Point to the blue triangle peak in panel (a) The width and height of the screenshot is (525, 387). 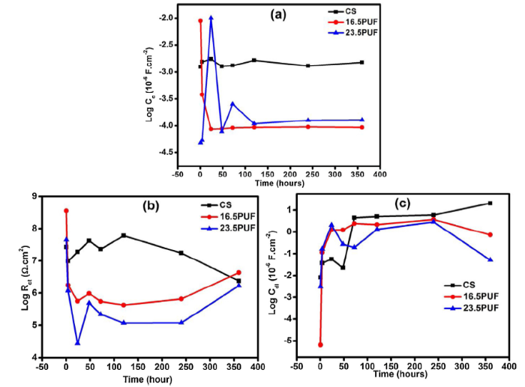(x=211, y=17)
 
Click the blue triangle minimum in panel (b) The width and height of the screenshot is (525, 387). (x=77, y=343)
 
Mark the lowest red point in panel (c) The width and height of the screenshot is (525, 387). (x=319, y=344)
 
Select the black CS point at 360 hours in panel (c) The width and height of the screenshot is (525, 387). (x=490, y=203)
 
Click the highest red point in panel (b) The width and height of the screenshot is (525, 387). (x=66, y=211)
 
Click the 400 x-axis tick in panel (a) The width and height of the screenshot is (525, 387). (x=379, y=173)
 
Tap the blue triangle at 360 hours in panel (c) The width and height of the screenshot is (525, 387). (x=490, y=260)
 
